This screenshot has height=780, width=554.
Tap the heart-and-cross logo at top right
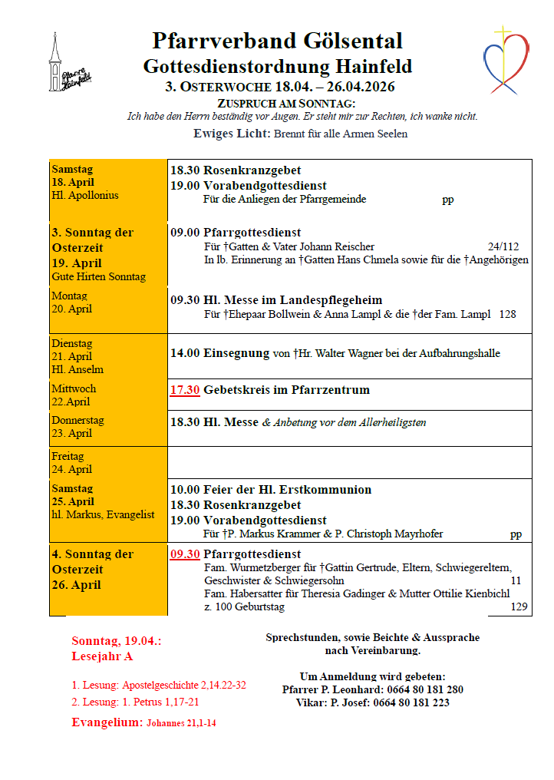coord(507,60)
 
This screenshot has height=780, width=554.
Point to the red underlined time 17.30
coord(185,390)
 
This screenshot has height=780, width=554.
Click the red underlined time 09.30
coord(185,554)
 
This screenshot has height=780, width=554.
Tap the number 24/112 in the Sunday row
coord(503,246)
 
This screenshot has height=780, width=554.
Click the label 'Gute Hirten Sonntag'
coord(98,277)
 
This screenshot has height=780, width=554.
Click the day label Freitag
coord(68,457)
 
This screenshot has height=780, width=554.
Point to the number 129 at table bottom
coord(519,607)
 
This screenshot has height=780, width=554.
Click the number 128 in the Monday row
coord(507,314)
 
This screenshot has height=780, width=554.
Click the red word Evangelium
coord(107,722)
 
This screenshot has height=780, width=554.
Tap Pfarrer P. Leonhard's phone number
coord(425,689)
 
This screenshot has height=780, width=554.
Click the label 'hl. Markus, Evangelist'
coord(104,515)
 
